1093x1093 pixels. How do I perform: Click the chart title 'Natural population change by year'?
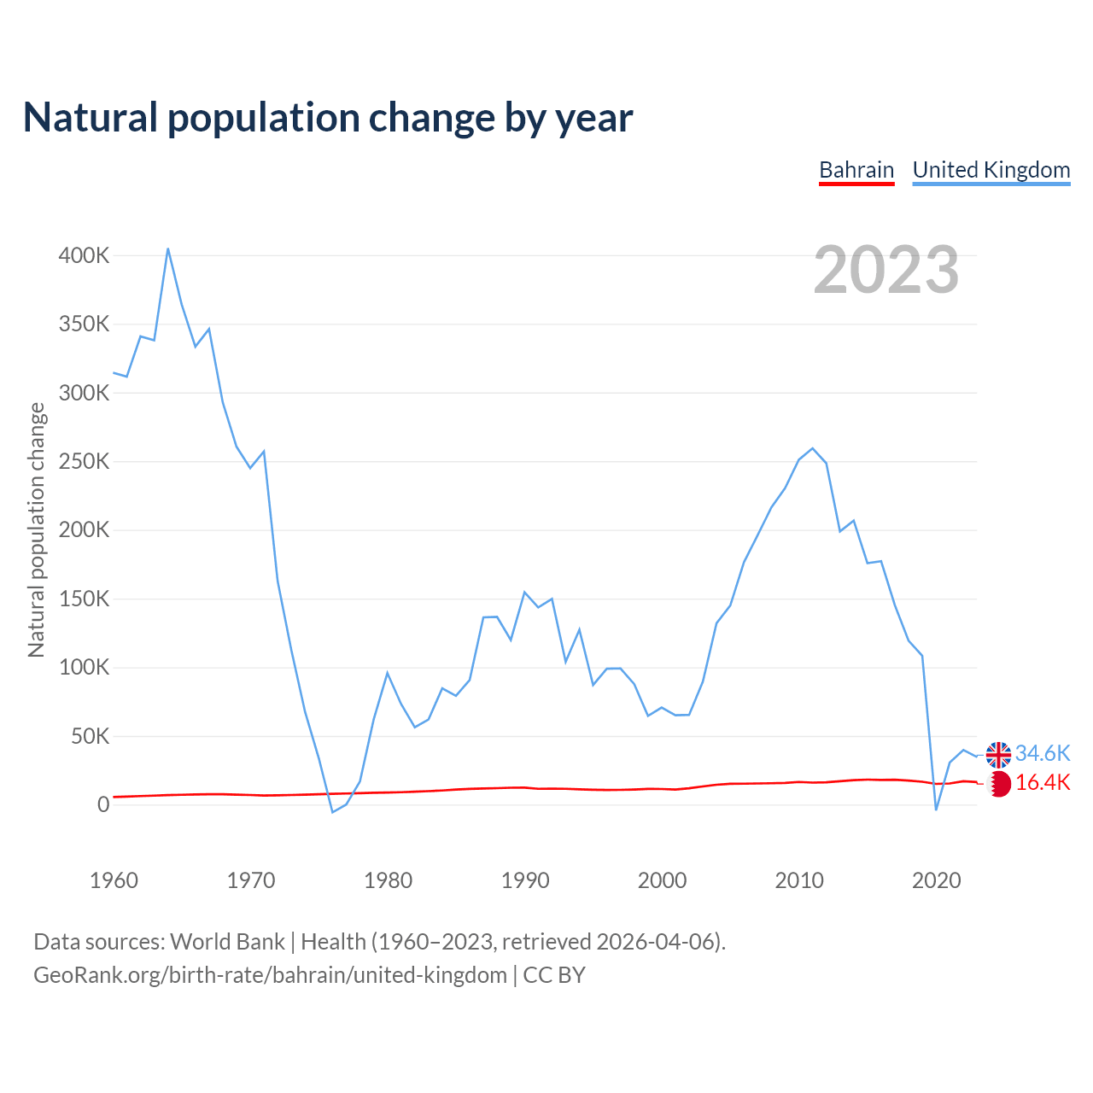(x=328, y=118)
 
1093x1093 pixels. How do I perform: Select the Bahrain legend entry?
(x=856, y=170)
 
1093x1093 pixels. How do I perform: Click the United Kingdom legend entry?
(x=991, y=170)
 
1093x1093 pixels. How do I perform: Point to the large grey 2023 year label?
(x=886, y=270)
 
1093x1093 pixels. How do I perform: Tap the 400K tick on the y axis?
(x=84, y=255)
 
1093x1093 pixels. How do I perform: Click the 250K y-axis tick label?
(x=84, y=461)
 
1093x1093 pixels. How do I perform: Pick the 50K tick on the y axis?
(x=91, y=736)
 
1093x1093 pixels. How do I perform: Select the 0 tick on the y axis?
(x=103, y=804)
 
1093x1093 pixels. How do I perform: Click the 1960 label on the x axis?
(x=114, y=880)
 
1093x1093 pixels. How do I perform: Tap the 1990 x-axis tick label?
(x=525, y=880)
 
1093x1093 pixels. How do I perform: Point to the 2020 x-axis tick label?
(x=937, y=880)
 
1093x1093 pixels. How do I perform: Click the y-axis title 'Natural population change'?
(x=36, y=529)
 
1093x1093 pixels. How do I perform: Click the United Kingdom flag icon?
(x=998, y=755)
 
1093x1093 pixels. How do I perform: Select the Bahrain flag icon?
(x=999, y=783)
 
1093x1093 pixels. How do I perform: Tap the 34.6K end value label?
(x=1043, y=753)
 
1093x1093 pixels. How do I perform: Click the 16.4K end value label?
(x=1043, y=782)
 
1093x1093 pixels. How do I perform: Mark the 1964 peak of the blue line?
(x=168, y=248)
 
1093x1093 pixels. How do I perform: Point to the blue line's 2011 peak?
(x=813, y=448)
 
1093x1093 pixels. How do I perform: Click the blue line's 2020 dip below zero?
(x=936, y=810)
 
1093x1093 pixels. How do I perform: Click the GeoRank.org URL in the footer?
(x=270, y=974)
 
